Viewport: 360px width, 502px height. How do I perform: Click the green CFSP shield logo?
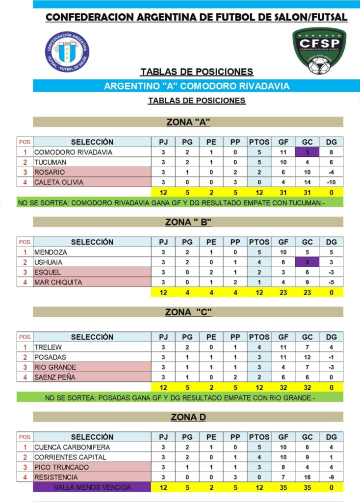tap(319, 50)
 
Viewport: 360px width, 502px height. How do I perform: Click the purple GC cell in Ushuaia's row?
tap(307, 262)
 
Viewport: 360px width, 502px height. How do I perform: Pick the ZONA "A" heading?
tap(188, 122)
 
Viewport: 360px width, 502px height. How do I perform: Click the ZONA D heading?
tap(188, 417)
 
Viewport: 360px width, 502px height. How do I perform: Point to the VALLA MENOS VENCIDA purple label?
tap(92, 487)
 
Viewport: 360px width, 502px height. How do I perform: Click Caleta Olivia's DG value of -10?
tap(332, 182)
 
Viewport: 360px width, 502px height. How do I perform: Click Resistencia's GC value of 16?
tap(307, 477)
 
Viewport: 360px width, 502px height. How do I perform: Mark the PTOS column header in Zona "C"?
tap(259, 337)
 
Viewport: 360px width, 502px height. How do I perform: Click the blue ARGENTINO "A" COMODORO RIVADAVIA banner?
tap(196, 86)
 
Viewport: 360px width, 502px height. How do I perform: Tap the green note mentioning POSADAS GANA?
tap(180, 398)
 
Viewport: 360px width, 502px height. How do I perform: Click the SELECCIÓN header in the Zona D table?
tap(92, 437)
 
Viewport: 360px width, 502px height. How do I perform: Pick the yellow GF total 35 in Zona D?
tap(283, 487)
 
